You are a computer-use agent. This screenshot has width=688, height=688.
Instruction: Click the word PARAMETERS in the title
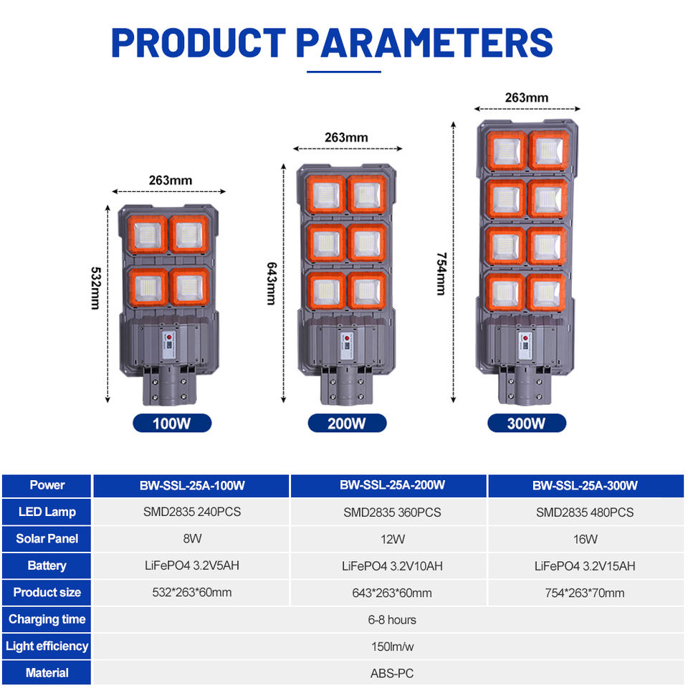pyautogui.click(x=424, y=42)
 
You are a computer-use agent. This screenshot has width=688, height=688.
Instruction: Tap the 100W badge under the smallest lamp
pyautogui.click(x=172, y=423)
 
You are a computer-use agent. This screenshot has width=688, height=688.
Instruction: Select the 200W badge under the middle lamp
pyautogui.click(x=347, y=423)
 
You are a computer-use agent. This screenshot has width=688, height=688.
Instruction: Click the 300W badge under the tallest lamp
pyautogui.click(x=527, y=423)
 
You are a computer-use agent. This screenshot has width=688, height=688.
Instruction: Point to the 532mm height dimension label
pyautogui.click(x=95, y=288)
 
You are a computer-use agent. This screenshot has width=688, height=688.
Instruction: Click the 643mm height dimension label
pyautogui.click(x=272, y=284)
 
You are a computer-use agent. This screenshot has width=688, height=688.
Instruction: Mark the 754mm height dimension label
pyautogui.click(x=441, y=274)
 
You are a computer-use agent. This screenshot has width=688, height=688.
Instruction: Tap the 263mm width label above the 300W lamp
pyautogui.click(x=527, y=97)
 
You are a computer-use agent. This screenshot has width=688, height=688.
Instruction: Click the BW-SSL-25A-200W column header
pyautogui.click(x=392, y=485)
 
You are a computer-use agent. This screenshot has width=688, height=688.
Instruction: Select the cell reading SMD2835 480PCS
pyautogui.click(x=585, y=512)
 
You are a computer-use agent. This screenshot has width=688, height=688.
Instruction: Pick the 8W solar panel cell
pyautogui.click(x=192, y=538)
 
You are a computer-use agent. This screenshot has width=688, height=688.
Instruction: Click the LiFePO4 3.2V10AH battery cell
pyautogui.click(x=392, y=566)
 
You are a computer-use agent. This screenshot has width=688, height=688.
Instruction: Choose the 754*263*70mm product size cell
pyautogui.click(x=585, y=593)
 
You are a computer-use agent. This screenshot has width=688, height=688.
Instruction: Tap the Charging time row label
pyautogui.click(x=47, y=619)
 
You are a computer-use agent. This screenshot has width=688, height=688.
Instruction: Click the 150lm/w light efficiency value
pyautogui.click(x=392, y=646)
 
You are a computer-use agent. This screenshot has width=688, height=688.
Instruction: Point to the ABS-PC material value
pyautogui.click(x=392, y=673)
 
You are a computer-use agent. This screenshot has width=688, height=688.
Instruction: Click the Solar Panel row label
pyautogui.click(x=47, y=538)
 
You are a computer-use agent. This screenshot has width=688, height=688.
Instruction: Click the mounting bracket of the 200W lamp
pyautogui.click(x=347, y=385)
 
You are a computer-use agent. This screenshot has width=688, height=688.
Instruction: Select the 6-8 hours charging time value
pyautogui.click(x=392, y=619)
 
